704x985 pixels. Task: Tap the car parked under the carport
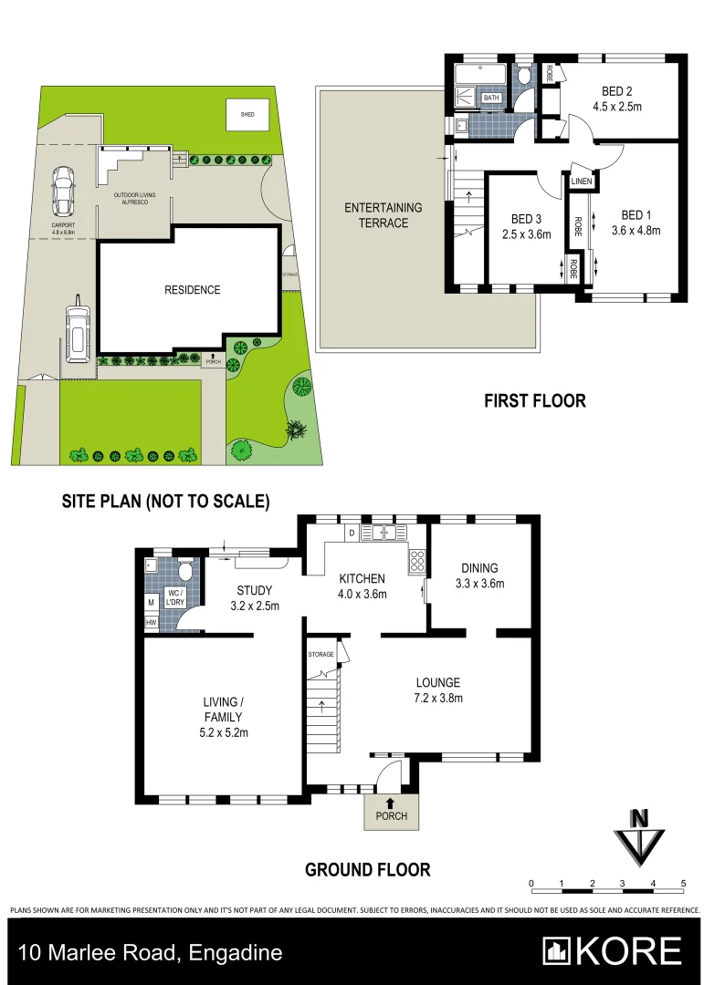[63, 189]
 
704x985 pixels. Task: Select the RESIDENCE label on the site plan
[192, 290]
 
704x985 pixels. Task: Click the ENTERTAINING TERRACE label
[384, 215]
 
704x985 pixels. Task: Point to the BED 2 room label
[617, 91]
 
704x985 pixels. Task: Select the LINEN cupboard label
[582, 182]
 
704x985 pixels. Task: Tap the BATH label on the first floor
[491, 98]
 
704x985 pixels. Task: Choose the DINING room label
[479, 568]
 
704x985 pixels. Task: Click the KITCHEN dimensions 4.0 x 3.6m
[363, 595]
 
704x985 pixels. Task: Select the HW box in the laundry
[151, 623]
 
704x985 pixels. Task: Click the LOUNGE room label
[438, 682]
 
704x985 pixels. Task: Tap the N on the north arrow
[641, 817]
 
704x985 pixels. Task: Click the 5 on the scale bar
[683, 884]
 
